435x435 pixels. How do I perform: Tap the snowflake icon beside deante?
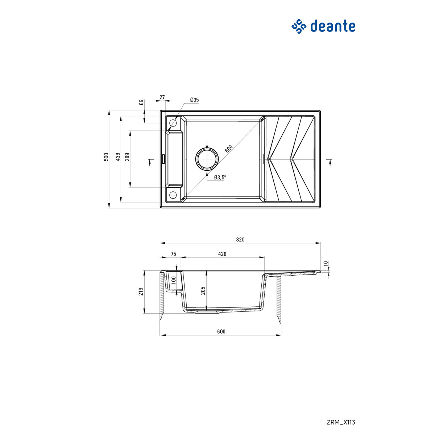click(x=299, y=26)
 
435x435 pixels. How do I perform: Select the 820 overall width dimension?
click(x=240, y=240)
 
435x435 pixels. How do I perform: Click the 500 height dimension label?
click(x=106, y=157)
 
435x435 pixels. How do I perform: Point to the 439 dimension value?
click(x=118, y=157)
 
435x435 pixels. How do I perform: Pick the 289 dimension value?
click(x=127, y=157)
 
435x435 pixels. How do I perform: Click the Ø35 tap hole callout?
click(x=194, y=100)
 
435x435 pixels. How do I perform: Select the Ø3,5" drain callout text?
click(x=220, y=177)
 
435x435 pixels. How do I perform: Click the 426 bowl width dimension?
click(x=222, y=254)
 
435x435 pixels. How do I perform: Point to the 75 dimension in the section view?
click(x=173, y=254)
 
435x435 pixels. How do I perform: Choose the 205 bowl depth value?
click(x=203, y=290)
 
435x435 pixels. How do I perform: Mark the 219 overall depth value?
click(x=141, y=292)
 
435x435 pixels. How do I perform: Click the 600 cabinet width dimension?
click(x=221, y=331)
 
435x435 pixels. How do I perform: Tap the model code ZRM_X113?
click(x=341, y=422)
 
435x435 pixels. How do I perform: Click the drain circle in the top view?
click(x=207, y=158)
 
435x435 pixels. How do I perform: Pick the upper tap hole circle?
click(x=173, y=123)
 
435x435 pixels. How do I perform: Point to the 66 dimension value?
click(x=142, y=102)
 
